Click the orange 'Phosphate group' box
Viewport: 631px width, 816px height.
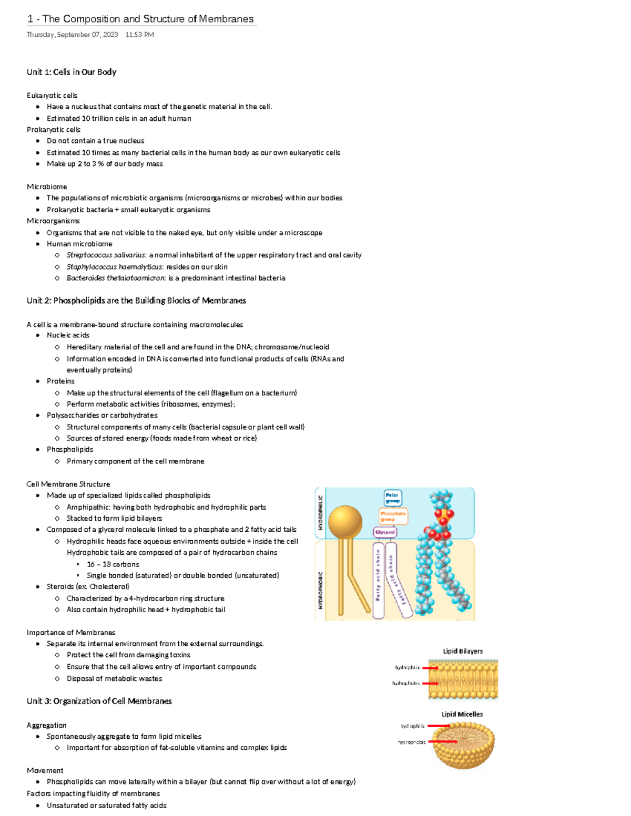point(393,516)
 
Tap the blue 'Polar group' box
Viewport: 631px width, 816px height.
point(392,498)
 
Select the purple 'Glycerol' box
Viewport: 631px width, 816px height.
point(385,532)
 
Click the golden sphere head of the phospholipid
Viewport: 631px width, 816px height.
point(345,522)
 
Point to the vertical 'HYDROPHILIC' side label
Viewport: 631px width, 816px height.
point(320,513)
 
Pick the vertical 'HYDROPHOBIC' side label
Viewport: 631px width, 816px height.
point(320,590)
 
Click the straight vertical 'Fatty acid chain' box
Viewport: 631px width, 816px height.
point(378,580)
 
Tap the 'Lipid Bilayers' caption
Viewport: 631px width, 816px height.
point(463,651)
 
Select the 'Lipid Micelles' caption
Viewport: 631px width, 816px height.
point(462,714)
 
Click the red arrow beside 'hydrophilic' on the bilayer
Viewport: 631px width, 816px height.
point(430,668)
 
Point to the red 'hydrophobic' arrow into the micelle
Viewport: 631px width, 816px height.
point(443,742)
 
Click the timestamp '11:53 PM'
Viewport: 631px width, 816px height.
point(140,35)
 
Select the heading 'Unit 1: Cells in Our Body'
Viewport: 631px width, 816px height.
point(72,72)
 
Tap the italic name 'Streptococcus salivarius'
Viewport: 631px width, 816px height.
point(106,255)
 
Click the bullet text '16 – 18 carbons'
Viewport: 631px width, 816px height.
point(113,564)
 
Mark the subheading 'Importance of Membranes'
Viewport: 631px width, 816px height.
point(71,633)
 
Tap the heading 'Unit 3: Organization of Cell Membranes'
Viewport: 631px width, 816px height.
point(99,701)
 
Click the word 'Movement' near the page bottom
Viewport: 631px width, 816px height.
point(45,770)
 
